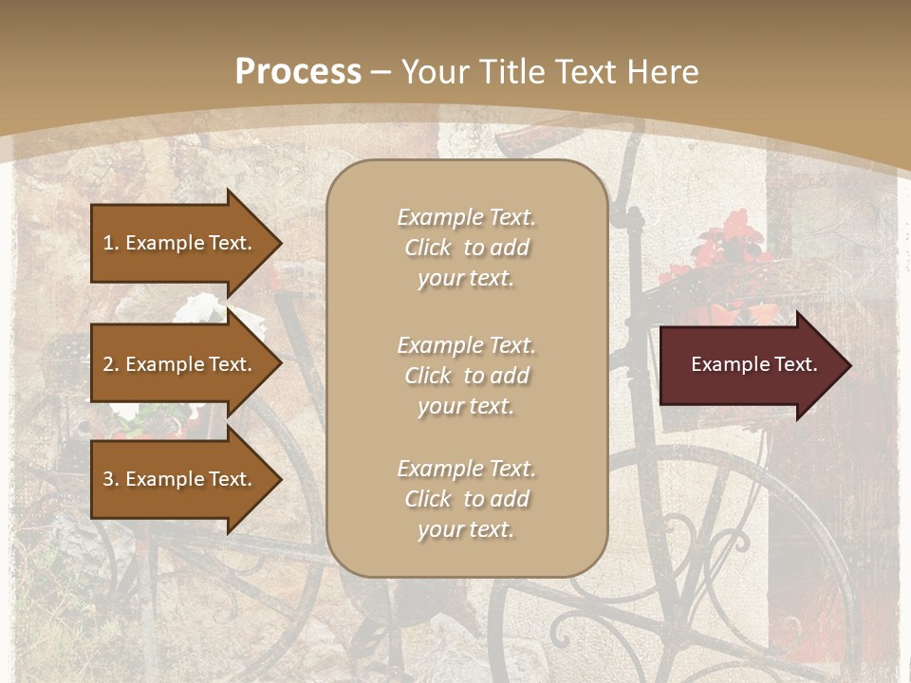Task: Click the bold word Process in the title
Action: (x=298, y=72)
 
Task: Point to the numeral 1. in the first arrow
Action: (x=111, y=243)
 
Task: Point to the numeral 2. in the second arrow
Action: (x=111, y=364)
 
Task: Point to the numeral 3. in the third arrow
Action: (x=111, y=479)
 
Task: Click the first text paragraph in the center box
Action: (x=466, y=248)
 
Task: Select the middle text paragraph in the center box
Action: (x=466, y=376)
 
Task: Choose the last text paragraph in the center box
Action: (x=466, y=499)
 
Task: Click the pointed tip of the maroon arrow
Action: (x=848, y=365)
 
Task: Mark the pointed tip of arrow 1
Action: (x=279, y=243)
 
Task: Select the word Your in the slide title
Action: (x=436, y=72)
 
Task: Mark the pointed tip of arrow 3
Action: (x=279, y=479)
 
